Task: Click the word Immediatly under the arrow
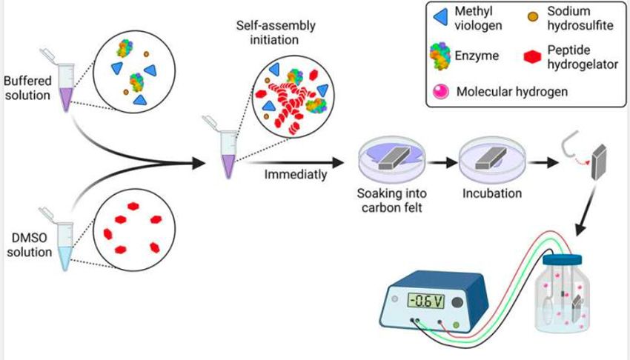(293, 176)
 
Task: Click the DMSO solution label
(27, 244)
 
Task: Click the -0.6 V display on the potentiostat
(426, 281)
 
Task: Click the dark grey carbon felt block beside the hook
(598, 161)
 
